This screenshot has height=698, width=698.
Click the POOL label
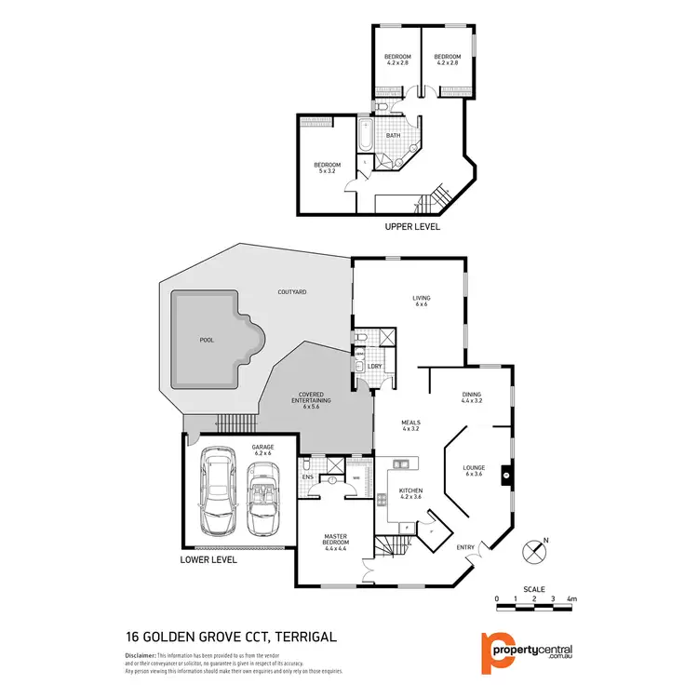(x=207, y=340)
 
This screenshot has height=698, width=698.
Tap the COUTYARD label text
(x=292, y=292)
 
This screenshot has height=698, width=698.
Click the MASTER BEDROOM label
(x=335, y=541)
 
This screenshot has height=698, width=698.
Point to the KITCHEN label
(x=410, y=494)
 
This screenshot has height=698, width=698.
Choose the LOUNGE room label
(x=476, y=471)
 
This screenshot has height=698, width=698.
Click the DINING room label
(x=472, y=398)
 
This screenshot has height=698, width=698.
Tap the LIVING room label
(x=421, y=301)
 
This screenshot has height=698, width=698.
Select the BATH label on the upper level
(x=394, y=136)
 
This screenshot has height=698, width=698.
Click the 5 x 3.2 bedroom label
(x=328, y=168)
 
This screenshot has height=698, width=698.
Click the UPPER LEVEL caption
(x=412, y=226)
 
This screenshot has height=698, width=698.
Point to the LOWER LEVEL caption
(x=209, y=560)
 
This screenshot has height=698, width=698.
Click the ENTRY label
(x=465, y=546)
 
